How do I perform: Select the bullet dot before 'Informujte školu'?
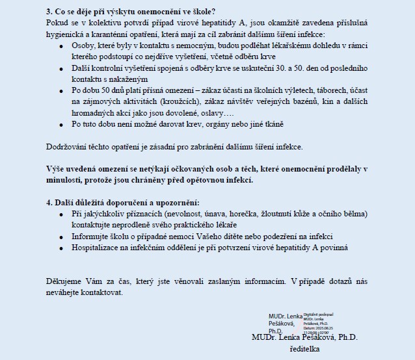tap(61, 236)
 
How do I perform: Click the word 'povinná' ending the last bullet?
tap(332, 247)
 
